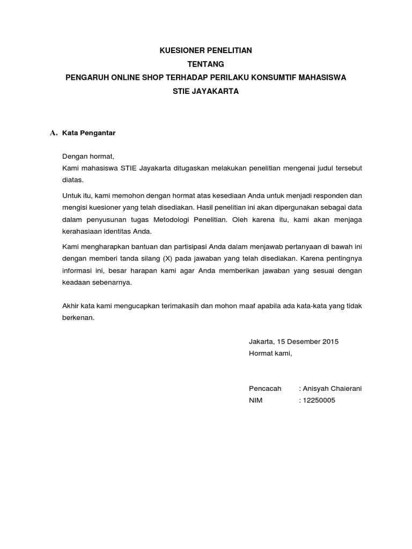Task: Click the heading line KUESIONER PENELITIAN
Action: (x=206, y=50)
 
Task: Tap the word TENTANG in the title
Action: (x=206, y=64)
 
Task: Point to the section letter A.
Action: (x=53, y=133)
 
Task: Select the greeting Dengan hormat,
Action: (x=89, y=157)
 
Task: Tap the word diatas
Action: (x=73, y=180)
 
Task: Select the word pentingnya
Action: (x=341, y=258)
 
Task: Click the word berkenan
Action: (x=78, y=318)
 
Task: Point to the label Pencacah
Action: (x=265, y=389)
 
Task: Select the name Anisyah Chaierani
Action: (x=332, y=389)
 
